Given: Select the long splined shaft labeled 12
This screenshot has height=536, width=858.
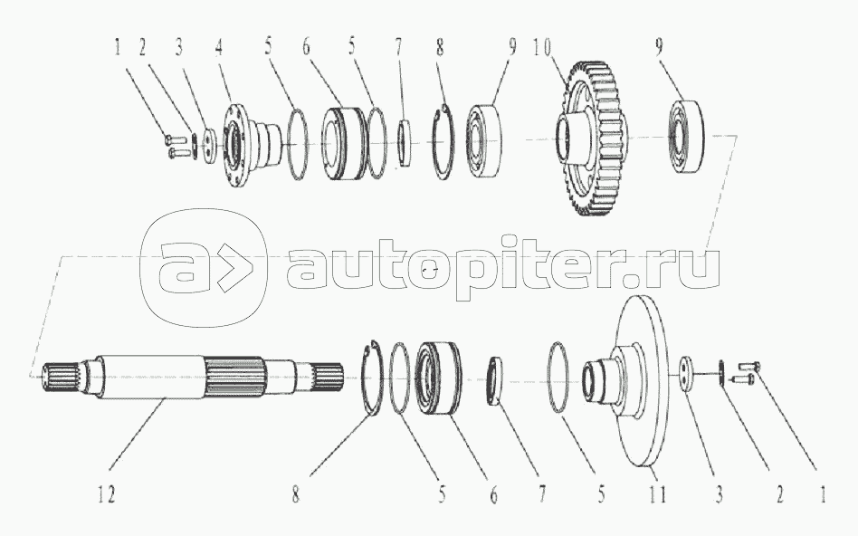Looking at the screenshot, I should coord(181,376).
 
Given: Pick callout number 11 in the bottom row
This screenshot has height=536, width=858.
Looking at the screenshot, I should coord(657,496).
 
